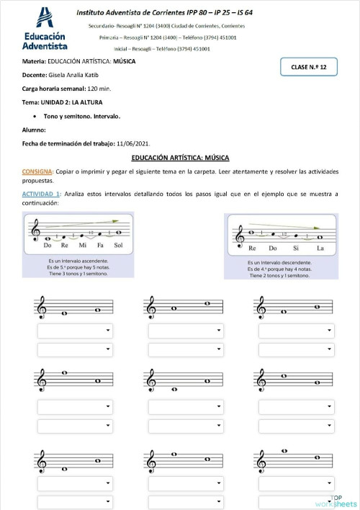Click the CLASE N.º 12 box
click(x=309, y=67)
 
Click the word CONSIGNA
click(x=37, y=173)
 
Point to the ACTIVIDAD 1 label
click(x=42, y=194)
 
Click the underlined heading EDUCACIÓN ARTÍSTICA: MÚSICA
click(x=179, y=157)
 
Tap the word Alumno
click(x=34, y=130)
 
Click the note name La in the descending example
click(x=320, y=248)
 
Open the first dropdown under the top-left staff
click(x=75, y=331)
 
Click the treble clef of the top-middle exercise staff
click(x=151, y=308)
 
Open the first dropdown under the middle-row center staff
click(x=186, y=406)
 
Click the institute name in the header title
click(x=169, y=12)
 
